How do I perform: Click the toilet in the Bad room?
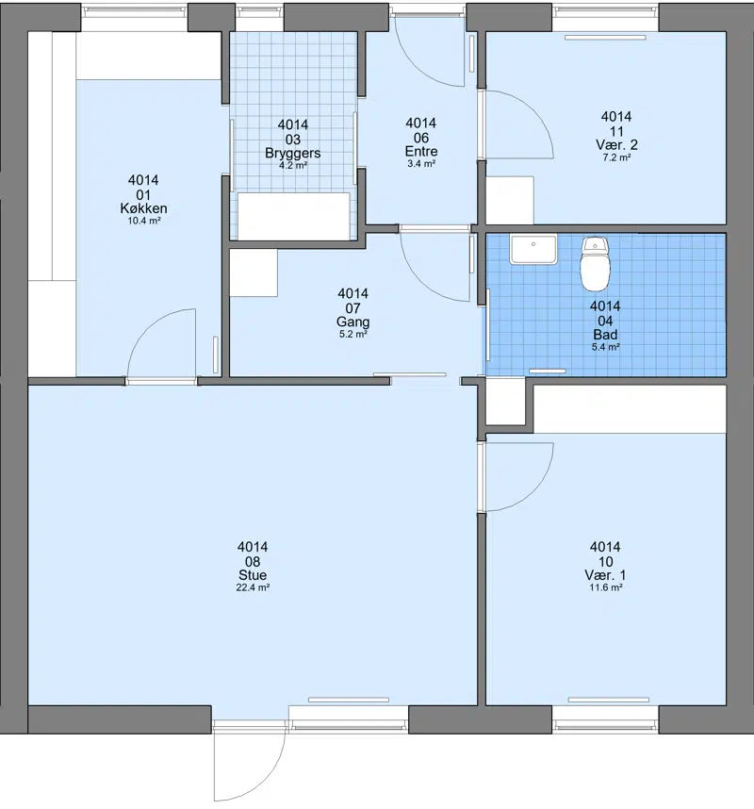(595, 263)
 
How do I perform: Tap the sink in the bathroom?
(533, 249)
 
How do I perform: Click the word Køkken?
(143, 208)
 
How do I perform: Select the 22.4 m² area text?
(253, 587)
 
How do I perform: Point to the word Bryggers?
(293, 154)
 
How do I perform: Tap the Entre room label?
(421, 151)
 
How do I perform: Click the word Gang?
(352, 322)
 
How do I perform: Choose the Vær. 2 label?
(616, 144)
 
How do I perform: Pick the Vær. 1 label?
(605, 575)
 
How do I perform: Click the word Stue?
(253, 575)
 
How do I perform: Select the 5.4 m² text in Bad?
(605, 347)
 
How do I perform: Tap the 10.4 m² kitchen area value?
(144, 221)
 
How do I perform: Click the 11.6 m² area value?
(605, 587)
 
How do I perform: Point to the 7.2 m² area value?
(616, 157)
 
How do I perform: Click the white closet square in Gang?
(254, 272)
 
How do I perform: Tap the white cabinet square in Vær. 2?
(510, 200)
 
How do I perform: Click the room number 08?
(253, 561)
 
